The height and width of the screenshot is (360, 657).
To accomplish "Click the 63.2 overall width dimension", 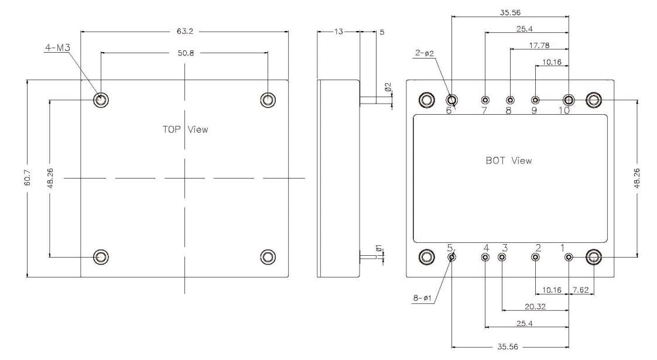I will [x=184, y=32].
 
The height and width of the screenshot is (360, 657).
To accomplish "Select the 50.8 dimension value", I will [x=184, y=52].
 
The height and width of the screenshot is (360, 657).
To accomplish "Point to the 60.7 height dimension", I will [x=28, y=179].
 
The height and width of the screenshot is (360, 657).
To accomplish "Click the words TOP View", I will [x=185, y=129].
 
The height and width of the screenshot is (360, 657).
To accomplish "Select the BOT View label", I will [x=509, y=160].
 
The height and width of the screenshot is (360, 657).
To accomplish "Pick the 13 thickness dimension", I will [x=338, y=32].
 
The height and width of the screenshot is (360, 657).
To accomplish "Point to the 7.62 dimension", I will [x=581, y=289].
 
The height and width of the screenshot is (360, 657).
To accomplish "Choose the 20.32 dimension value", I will [x=535, y=306].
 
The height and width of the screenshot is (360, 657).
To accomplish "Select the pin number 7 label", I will [x=484, y=111].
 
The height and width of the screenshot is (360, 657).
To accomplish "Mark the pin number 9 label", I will [x=534, y=111].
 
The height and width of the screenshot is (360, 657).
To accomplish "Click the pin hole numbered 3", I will [x=502, y=257].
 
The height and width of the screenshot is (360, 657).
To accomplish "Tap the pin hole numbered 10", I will [x=568, y=100].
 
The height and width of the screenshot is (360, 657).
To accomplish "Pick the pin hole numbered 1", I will [x=568, y=257].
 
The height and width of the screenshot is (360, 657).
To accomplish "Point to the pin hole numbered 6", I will [x=452, y=100].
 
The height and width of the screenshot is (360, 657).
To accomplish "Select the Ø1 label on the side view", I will [x=379, y=250].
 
